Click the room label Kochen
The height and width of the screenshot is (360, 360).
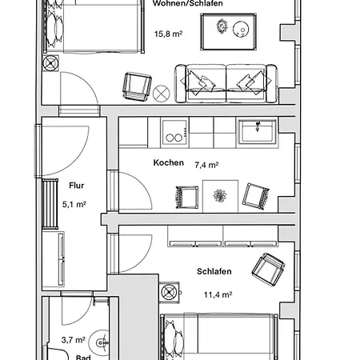(168, 162)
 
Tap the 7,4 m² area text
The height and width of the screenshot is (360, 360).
(206, 165)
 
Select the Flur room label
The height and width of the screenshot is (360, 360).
(77, 186)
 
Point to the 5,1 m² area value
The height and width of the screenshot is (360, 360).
(74, 204)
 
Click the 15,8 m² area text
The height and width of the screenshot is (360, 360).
(168, 34)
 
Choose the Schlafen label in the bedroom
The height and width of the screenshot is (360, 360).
(214, 271)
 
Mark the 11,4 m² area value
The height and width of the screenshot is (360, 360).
(218, 294)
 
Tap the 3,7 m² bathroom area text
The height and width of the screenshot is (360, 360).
(74, 340)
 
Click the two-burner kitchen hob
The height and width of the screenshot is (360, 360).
(174, 133)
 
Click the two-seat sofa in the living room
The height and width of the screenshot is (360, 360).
(226, 83)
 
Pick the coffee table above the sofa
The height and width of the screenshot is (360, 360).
(229, 32)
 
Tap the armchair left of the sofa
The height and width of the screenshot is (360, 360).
(137, 86)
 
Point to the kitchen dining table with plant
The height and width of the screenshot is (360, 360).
(220, 196)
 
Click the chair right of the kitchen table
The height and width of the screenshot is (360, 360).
(255, 196)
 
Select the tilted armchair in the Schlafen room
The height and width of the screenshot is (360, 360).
(268, 270)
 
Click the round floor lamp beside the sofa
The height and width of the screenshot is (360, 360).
(162, 94)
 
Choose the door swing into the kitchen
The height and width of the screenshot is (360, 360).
(135, 190)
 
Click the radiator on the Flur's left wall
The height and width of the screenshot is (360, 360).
(50, 204)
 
